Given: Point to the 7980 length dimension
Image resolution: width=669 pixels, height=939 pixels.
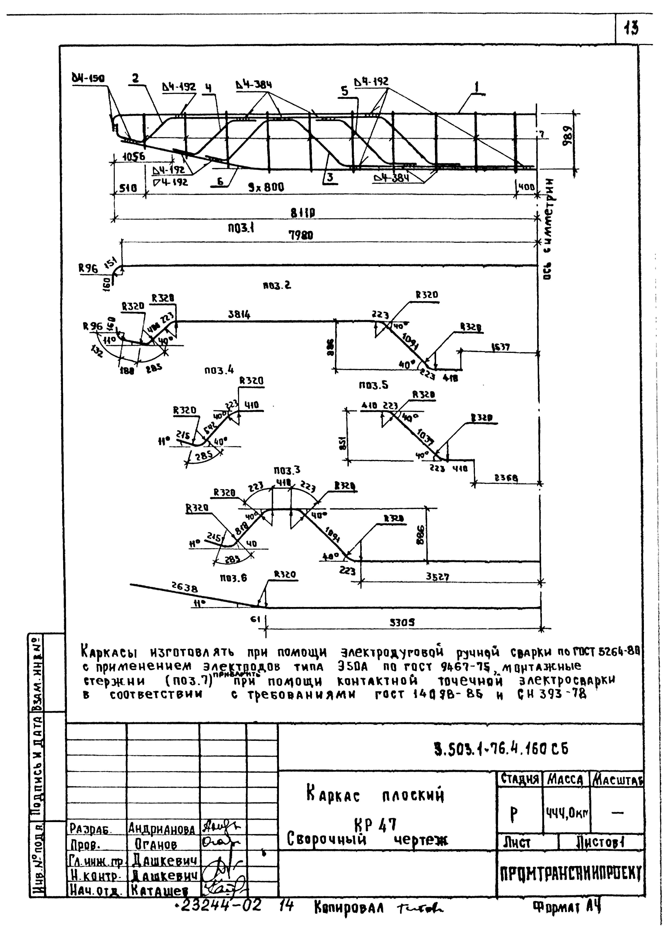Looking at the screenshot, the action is [x=301, y=235].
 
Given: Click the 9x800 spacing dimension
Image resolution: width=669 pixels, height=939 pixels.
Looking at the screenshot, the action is [x=266, y=187].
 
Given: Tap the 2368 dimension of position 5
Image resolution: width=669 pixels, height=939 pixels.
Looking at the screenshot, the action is [x=506, y=478].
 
